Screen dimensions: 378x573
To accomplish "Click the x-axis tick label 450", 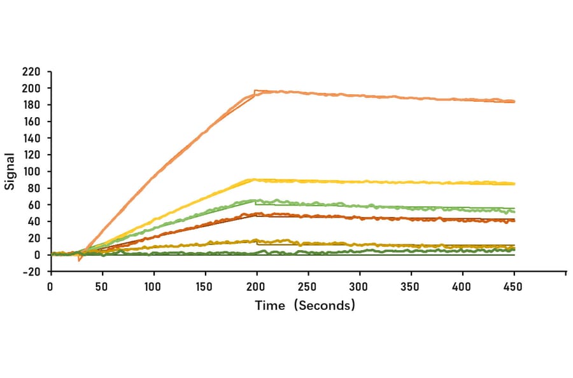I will click(x=513, y=287).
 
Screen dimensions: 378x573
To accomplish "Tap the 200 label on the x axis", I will click(x=256, y=287).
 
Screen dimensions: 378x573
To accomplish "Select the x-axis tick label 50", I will click(x=102, y=287).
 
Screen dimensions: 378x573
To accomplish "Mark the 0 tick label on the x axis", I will click(x=50, y=287).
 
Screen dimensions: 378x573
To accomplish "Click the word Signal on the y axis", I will click(x=10, y=171).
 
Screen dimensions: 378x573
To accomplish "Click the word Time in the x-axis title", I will click(x=270, y=305).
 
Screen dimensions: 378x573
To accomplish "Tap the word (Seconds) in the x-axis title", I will click(x=325, y=305).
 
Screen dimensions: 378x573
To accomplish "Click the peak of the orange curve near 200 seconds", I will click(x=256, y=91).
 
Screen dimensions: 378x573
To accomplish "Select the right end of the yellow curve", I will click(x=514, y=184).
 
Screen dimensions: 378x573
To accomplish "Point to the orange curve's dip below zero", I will click(x=80, y=260).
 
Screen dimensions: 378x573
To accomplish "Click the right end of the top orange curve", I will click(x=514, y=101).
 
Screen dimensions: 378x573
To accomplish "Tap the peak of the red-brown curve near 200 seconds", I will click(x=256, y=214).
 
